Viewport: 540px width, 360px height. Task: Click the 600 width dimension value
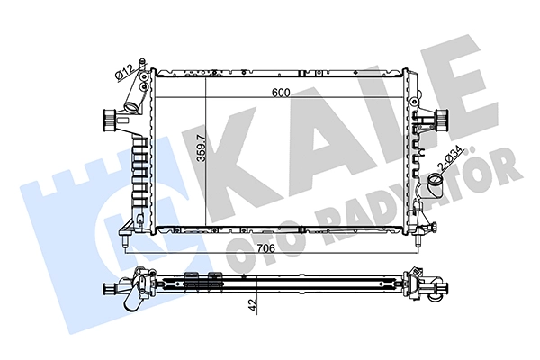(281, 93)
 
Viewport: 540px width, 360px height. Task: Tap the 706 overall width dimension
(266, 248)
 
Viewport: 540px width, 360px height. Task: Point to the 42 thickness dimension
(254, 306)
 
